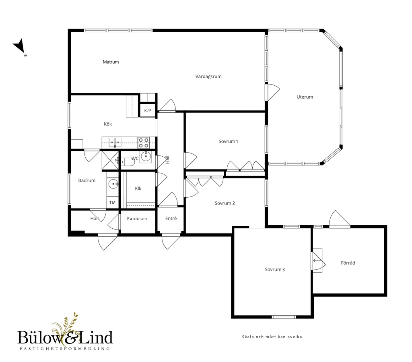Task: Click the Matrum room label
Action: [x=111, y=62]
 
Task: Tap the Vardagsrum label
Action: [x=208, y=77]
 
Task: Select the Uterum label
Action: [x=305, y=97]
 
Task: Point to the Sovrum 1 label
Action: [x=229, y=141]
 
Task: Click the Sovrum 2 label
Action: [x=225, y=203]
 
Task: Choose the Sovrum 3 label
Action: [x=275, y=269]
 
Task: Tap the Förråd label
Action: [x=348, y=263]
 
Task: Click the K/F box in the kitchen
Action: [x=148, y=111]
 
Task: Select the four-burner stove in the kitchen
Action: [x=144, y=143]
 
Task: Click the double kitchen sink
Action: [x=115, y=143]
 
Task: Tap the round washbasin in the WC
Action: [x=145, y=156]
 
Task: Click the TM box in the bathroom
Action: [x=113, y=203]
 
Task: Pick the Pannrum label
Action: [x=137, y=219]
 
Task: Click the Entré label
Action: [x=171, y=219]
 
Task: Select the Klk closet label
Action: [x=138, y=188]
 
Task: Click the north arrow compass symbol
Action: [x=19, y=47]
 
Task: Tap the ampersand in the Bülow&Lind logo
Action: [x=71, y=338]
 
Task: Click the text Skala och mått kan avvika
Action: [x=272, y=337]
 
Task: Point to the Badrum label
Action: [x=87, y=181]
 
